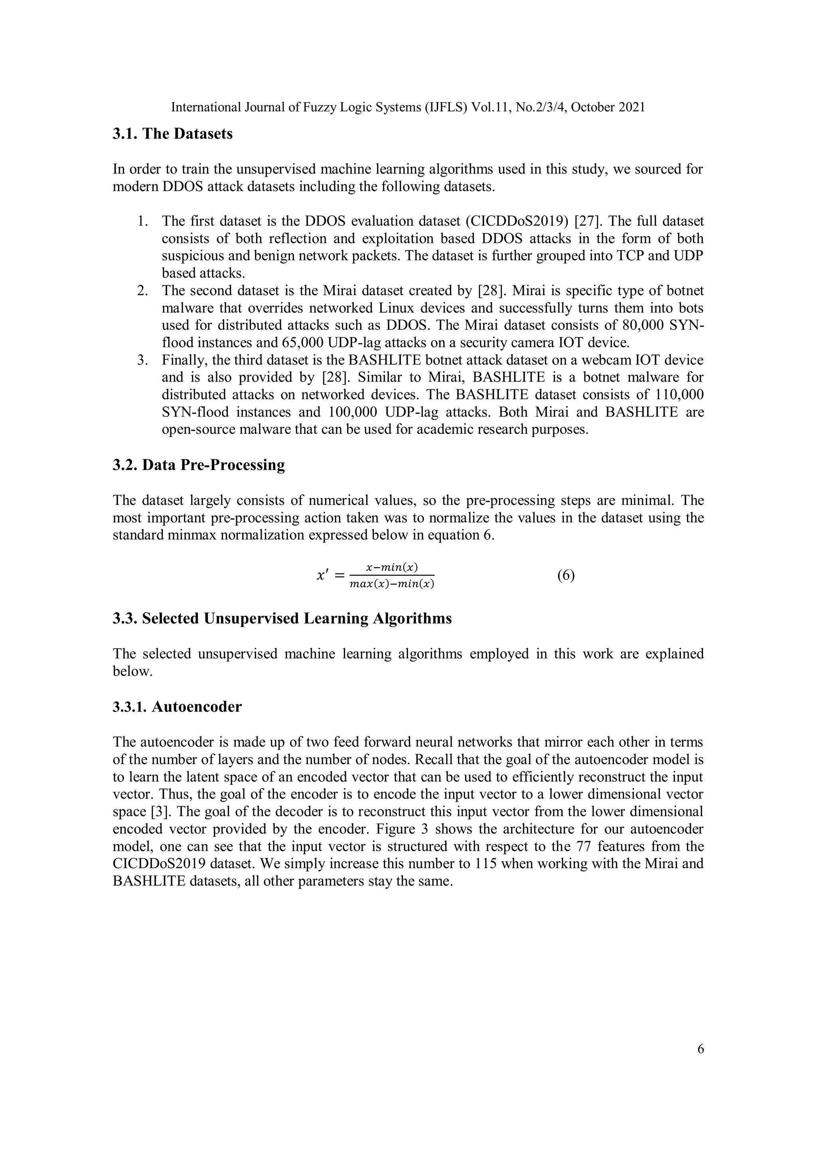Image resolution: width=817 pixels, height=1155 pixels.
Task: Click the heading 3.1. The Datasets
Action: (x=173, y=134)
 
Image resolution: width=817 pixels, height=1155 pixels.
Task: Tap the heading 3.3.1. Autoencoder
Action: (x=177, y=707)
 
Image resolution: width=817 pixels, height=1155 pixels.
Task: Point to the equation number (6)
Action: (x=566, y=576)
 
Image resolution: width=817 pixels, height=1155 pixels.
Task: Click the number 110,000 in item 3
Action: (x=679, y=395)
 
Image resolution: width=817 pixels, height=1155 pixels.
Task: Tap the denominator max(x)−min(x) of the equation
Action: (x=391, y=584)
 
